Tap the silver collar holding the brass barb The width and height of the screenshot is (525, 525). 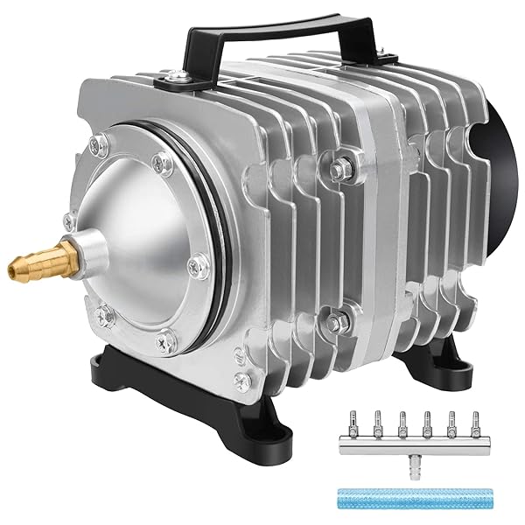92,253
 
